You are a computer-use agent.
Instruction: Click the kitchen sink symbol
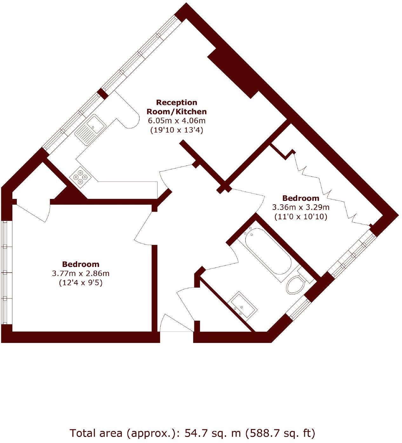click(x=91, y=130)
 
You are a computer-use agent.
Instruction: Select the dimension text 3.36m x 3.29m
click(x=300, y=208)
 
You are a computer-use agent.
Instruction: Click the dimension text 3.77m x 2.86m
click(x=80, y=273)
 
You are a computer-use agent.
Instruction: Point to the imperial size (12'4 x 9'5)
click(x=80, y=283)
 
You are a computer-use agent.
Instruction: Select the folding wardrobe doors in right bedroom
click(x=327, y=187)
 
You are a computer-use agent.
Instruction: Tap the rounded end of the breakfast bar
click(x=133, y=121)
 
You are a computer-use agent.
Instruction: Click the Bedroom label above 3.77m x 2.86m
click(x=80, y=264)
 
